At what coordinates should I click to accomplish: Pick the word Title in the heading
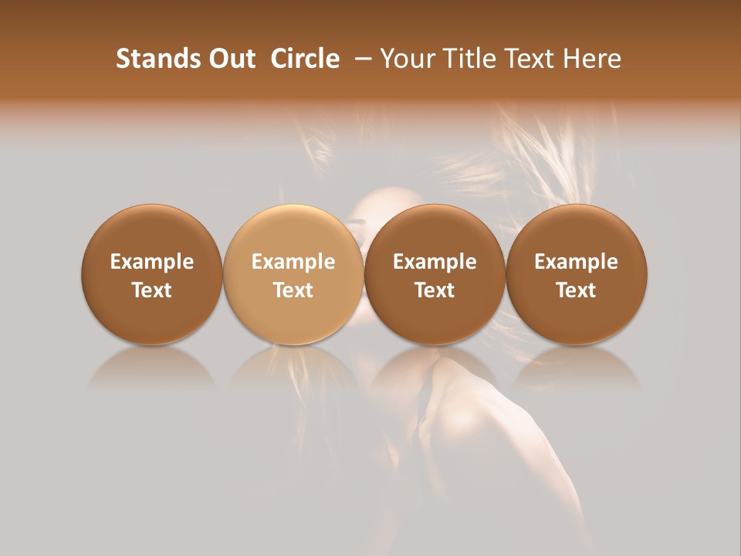click(x=462, y=59)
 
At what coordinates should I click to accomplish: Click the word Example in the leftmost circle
click(x=152, y=262)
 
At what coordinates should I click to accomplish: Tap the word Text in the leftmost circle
click(x=152, y=290)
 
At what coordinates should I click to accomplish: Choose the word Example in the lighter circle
click(x=293, y=262)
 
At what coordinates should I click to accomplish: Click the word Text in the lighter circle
click(x=293, y=290)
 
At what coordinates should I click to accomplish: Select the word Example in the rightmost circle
click(x=577, y=262)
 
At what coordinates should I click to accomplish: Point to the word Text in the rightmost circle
click(x=577, y=290)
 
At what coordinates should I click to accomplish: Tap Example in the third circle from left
click(x=435, y=262)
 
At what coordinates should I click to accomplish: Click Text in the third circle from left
click(x=435, y=290)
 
